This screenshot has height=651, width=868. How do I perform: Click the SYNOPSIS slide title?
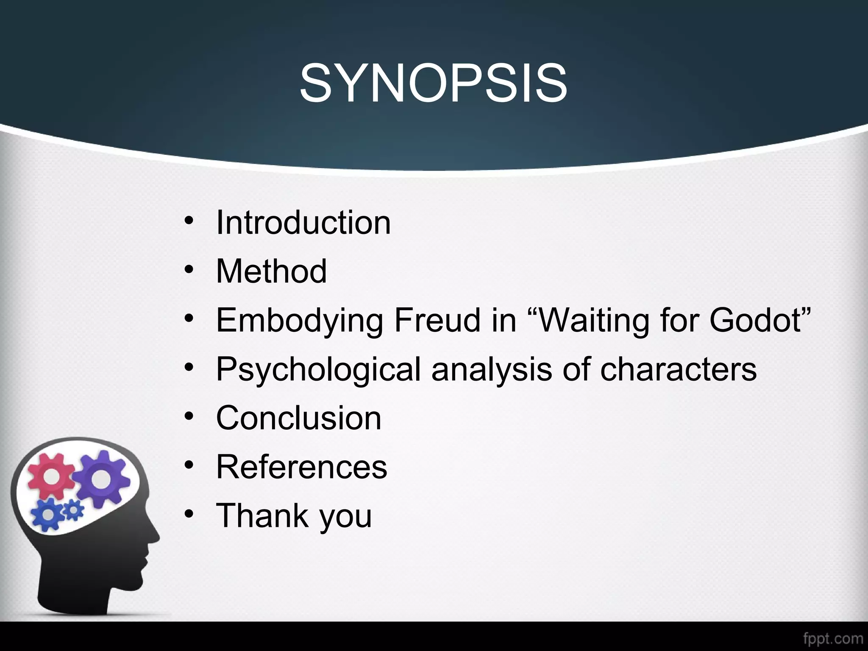pos(433,83)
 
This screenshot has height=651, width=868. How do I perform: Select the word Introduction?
pos(303,223)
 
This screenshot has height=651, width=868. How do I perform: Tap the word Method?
pos(271,271)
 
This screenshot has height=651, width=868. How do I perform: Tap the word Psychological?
pos(318,369)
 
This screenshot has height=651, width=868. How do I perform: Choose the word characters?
pos(678,369)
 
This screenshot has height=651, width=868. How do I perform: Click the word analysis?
pos(492,369)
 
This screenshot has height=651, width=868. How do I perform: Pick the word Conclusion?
pos(299,418)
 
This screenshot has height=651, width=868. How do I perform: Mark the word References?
pos(301,467)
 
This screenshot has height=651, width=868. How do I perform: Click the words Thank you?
pos(294,516)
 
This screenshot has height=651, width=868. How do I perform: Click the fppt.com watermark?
pos(833,638)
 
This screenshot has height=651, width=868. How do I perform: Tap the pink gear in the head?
pos(51,476)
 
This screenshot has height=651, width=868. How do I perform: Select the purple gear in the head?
pos(100,479)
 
